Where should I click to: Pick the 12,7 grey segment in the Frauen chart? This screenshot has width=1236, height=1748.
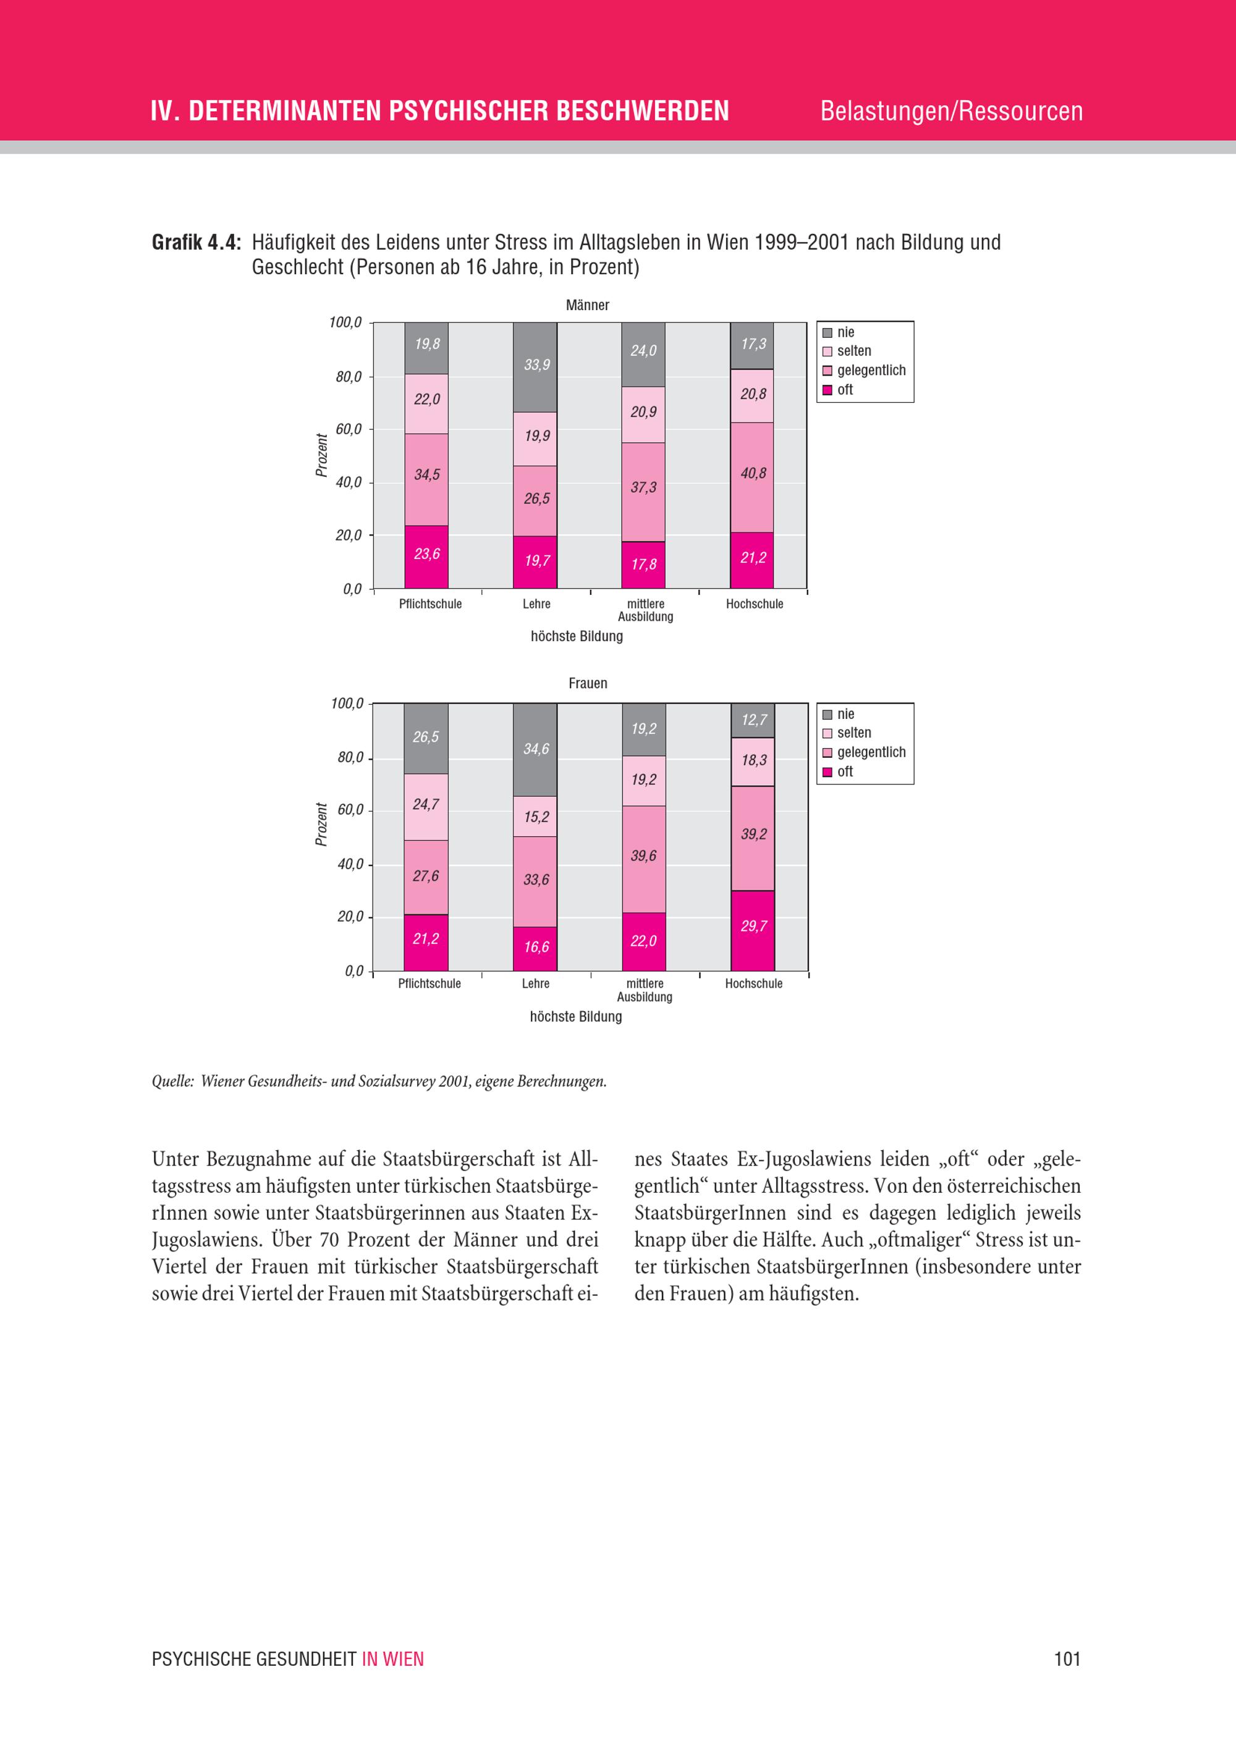753,720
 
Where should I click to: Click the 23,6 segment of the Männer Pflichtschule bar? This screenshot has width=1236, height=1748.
426,556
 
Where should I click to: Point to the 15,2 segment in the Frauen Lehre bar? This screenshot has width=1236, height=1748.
535,817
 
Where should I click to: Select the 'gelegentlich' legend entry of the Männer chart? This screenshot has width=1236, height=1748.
871,371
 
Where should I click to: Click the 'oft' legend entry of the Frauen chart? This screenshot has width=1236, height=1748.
845,772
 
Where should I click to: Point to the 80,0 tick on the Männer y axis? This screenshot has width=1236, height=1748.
349,377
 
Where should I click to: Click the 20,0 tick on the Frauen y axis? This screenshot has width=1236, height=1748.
350,917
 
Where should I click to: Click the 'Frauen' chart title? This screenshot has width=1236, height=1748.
587,684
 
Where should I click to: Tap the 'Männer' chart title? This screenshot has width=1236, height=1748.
587,305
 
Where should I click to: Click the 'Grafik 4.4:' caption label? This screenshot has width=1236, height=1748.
197,243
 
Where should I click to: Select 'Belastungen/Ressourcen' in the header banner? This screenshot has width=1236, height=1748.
951,111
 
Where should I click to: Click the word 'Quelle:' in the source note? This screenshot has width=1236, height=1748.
173,1082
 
